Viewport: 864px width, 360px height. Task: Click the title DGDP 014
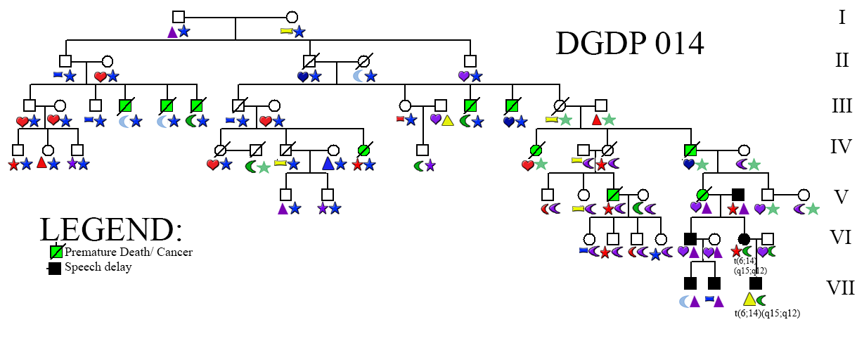click(x=629, y=44)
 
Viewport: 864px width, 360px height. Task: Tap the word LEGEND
click(x=110, y=230)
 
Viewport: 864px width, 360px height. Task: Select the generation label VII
click(x=840, y=288)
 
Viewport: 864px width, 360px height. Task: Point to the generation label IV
click(x=841, y=147)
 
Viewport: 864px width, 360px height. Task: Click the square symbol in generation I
click(x=179, y=17)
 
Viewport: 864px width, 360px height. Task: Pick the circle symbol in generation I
click(x=292, y=17)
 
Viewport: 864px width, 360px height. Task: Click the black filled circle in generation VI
click(x=743, y=238)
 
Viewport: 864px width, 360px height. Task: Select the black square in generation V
click(x=737, y=193)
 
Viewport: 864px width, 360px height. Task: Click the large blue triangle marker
click(x=328, y=163)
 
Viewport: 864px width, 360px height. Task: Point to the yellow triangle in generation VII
click(x=749, y=299)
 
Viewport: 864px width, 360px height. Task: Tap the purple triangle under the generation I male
click(x=172, y=32)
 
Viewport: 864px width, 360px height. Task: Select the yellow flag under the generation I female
click(x=286, y=31)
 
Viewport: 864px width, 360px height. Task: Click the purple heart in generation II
click(x=464, y=75)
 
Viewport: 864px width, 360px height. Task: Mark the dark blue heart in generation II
click(x=303, y=75)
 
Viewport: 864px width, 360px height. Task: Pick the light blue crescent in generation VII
click(x=685, y=300)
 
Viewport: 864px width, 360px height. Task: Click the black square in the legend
click(x=54, y=268)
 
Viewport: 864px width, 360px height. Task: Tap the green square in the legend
click(x=56, y=252)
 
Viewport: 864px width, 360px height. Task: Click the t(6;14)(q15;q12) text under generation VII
click(x=767, y=314)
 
